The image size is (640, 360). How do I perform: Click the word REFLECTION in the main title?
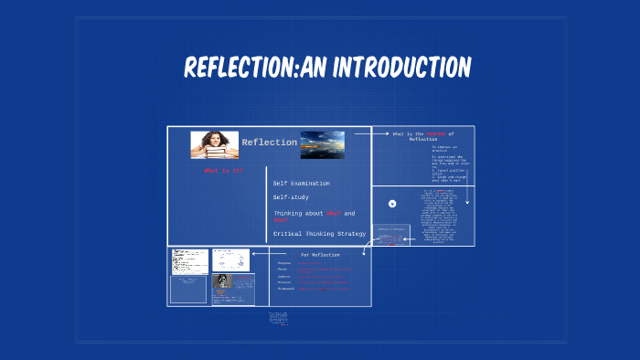(x=240, y=67)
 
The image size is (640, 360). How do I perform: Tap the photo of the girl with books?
(x=214, y=144)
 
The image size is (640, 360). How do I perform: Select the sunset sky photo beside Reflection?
(x=322, y=144)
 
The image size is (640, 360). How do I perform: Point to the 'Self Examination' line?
(x=301, y=183)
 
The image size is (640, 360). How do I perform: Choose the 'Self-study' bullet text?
(x=293, y=197)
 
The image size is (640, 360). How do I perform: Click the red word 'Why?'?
(x=331, y=213)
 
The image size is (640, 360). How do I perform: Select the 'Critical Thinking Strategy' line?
(x=319, y=234)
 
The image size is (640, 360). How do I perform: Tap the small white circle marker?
(x=392, y=204)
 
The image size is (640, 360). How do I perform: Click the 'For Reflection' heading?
(x=320, y=255)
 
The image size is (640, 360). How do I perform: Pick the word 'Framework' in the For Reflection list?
(x=287, y=289)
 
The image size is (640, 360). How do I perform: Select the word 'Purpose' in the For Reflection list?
(x=284, y=263)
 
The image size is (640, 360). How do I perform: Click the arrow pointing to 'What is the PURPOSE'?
(x=370, y=133)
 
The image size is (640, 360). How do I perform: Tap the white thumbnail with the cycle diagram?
(x=230, y=260)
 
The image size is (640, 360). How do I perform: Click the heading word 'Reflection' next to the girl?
(x=269, y=142)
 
